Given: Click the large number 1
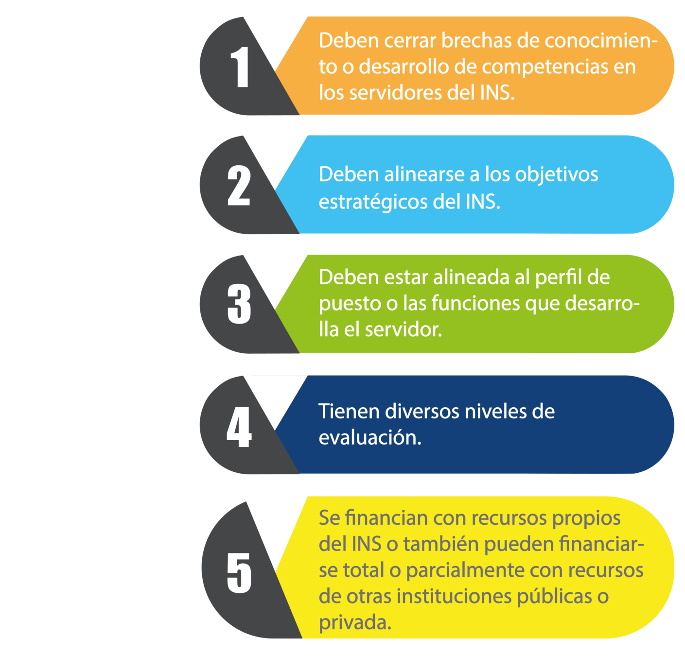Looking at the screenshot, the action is [240, 68].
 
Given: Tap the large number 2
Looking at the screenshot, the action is [239, 186].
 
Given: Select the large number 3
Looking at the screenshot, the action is [239, 304].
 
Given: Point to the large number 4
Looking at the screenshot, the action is [239, 427].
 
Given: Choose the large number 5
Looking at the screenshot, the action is [239, 573].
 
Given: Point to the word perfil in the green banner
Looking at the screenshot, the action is [558, 277].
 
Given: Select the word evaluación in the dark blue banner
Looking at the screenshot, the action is [369, 438].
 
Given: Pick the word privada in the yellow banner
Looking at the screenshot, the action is [354, 622].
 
